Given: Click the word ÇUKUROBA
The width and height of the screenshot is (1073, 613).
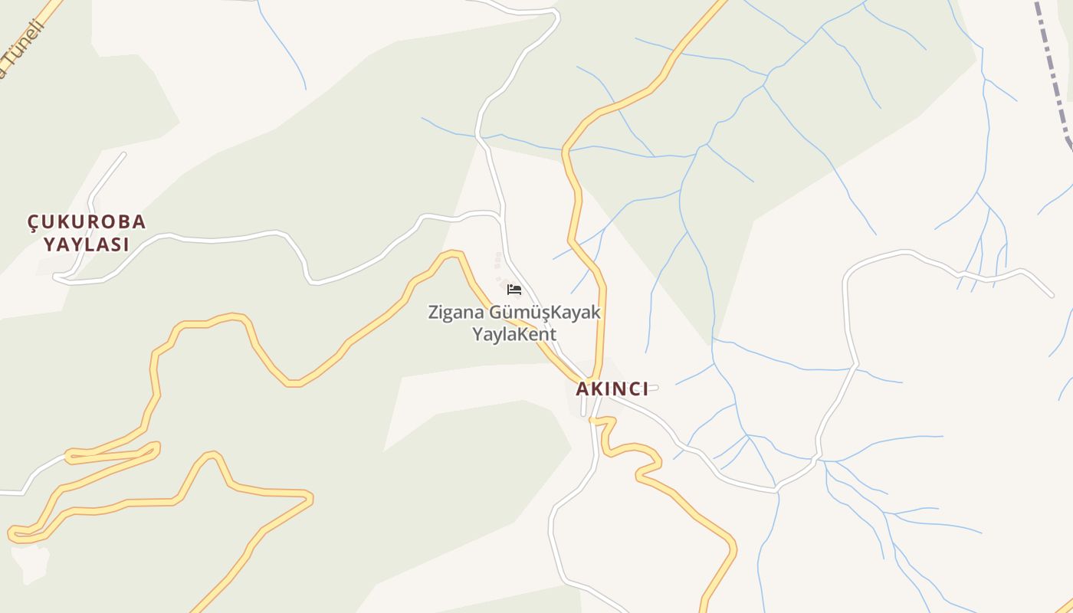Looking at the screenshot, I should pos(87,222).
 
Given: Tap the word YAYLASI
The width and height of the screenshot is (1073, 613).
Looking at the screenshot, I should pos(86,245).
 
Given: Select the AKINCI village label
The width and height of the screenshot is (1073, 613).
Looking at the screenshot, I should pos(612,389).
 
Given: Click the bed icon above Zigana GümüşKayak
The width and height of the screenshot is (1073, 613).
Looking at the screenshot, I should pos(514,290).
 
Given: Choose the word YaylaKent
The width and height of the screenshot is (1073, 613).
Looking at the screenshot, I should pos(514,335).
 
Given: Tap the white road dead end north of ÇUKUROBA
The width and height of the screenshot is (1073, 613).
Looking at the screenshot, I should pos(123,156).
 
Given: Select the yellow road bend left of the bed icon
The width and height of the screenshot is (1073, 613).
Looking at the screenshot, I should pos(452,254).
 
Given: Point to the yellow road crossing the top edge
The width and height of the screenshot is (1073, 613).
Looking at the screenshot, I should pos(721,4).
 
